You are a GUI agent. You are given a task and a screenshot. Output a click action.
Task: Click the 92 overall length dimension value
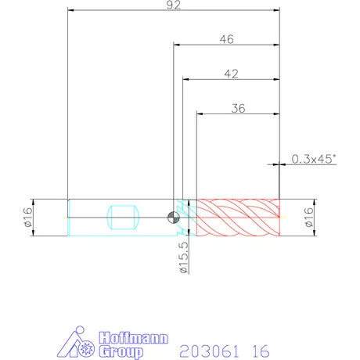coord(174,5)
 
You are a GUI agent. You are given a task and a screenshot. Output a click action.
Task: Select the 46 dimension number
coord(227,39)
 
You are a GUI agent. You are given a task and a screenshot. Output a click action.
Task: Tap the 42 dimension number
coord(232,74)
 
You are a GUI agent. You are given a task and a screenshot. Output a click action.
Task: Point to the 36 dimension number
coord(239,109)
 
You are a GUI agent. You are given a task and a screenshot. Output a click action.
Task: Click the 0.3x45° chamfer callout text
coord(314,159)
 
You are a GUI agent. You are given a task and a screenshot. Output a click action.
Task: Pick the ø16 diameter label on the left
coord(28,217)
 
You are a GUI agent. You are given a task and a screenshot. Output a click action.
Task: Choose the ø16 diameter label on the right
coord(308,217)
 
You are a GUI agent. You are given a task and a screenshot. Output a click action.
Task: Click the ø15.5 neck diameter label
coord(184,257)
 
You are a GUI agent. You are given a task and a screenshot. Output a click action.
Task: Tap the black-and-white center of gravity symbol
coord(174,218)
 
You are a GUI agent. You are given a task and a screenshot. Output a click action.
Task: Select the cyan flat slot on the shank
coord(123,218)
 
